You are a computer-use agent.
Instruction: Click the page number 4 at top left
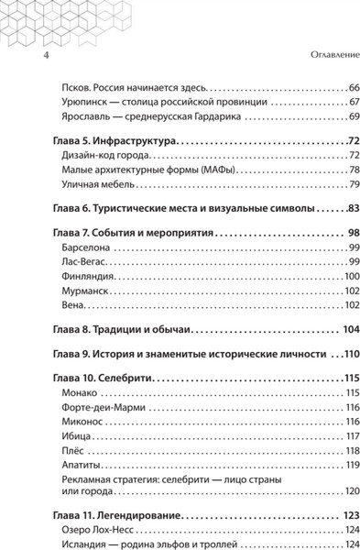tap(20, 58)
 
